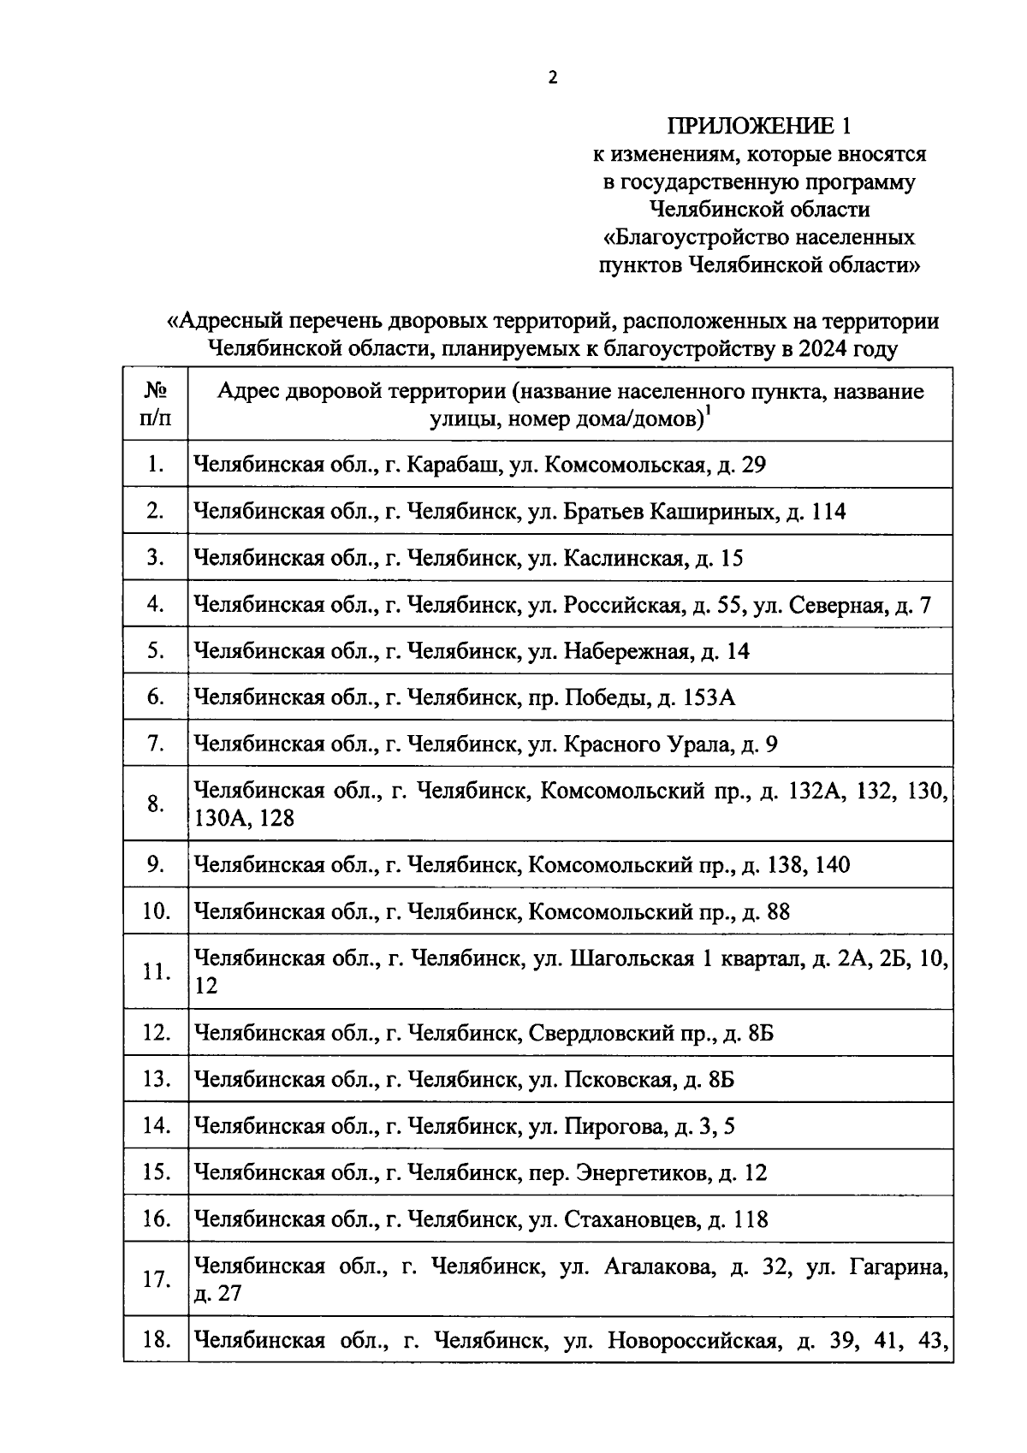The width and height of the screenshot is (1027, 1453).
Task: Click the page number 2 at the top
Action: coord(552,78)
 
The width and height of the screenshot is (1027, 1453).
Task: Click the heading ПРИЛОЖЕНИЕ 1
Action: coord(759,127)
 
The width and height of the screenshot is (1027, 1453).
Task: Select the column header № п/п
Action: coord(155,404)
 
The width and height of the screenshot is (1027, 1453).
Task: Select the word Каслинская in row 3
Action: coord(623,559)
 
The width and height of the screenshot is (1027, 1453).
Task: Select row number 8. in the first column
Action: coord(155,804)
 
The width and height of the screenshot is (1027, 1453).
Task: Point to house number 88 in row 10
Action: coord(778,911)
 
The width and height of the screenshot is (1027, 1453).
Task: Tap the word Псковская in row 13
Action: coord(616,1079)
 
